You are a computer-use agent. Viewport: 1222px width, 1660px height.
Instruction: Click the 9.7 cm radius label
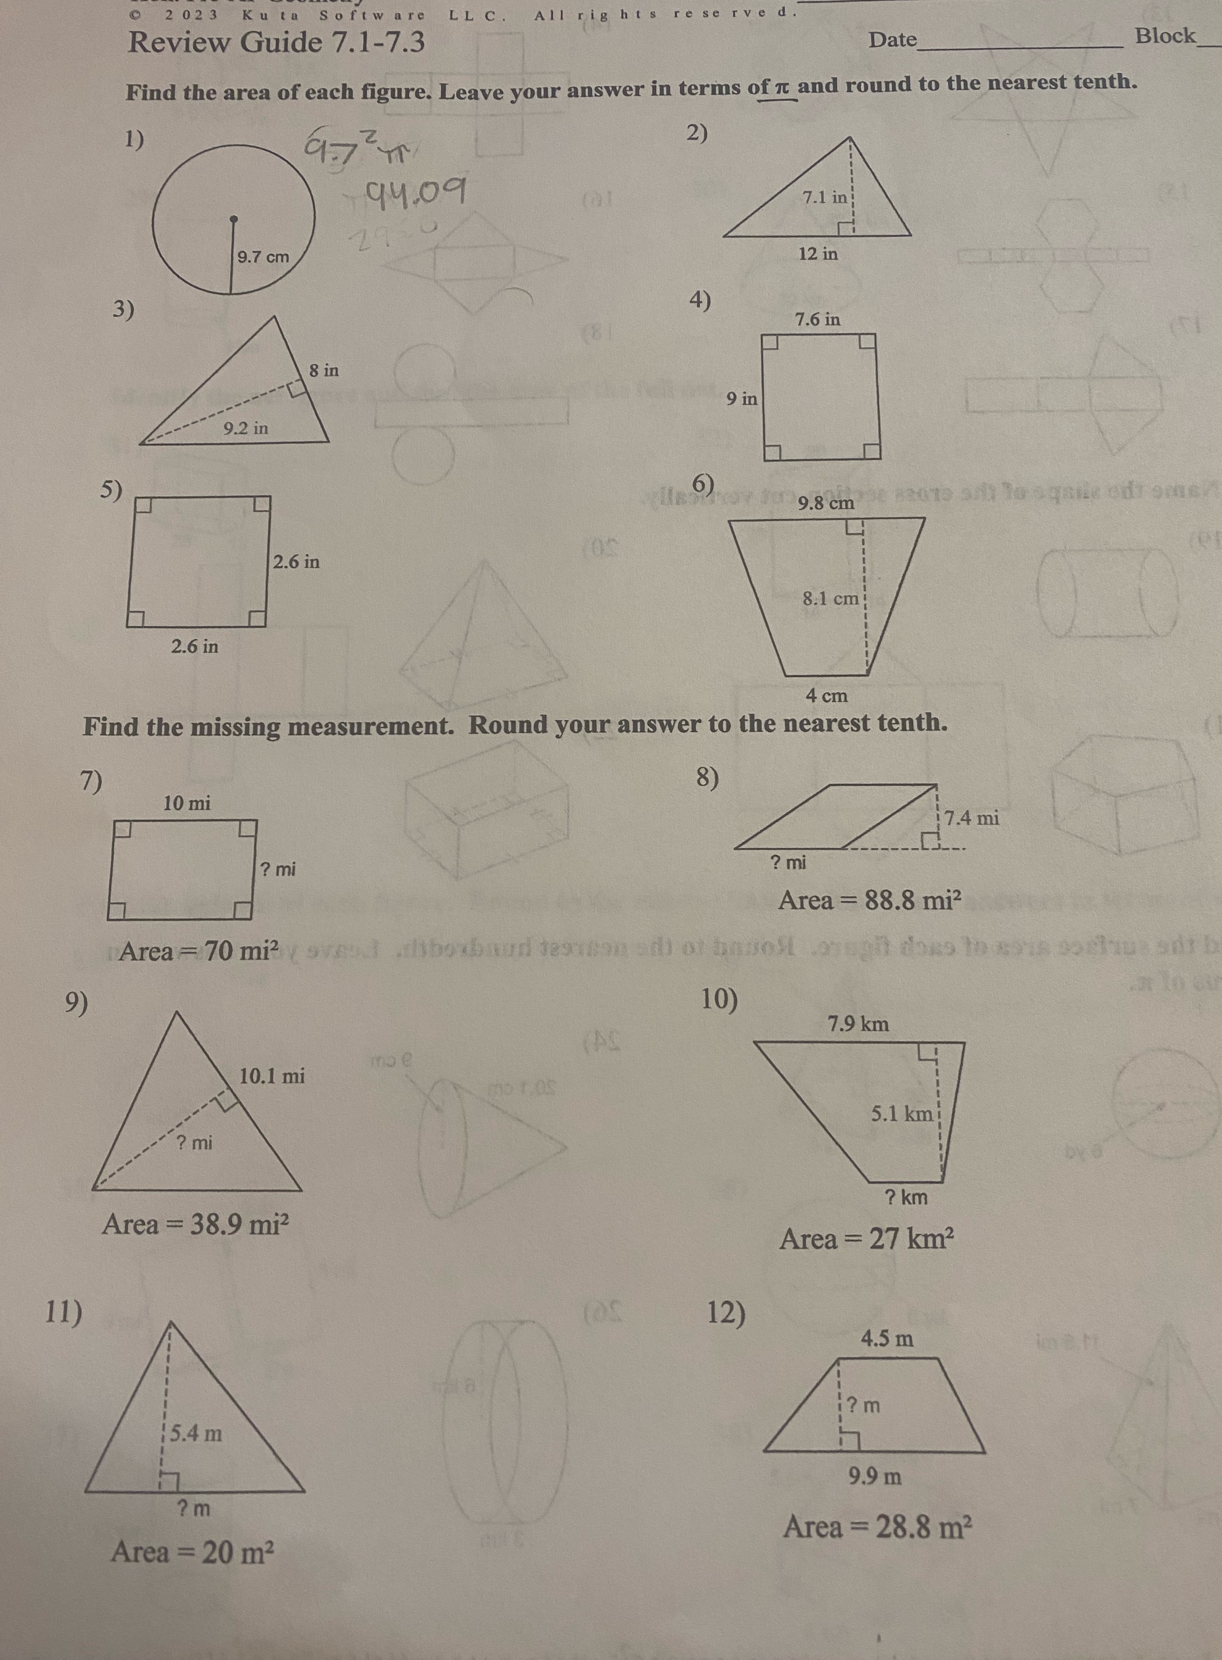(263, 257)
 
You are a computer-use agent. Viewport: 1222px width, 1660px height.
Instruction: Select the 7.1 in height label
(825, 198)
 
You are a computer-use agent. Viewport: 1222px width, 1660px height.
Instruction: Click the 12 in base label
(818, 254)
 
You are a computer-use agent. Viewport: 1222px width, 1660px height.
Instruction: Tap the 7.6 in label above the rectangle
(818, 320)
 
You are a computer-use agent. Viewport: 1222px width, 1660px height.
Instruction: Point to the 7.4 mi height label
(972, 818)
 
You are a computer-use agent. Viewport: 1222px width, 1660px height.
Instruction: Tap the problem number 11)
(63, 1312)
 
